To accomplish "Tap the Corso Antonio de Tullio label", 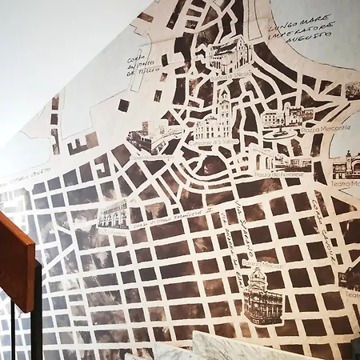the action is (146, 63).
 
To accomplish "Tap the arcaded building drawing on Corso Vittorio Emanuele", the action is (112, 214).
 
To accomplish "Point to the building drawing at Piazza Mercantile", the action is (288, 115).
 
